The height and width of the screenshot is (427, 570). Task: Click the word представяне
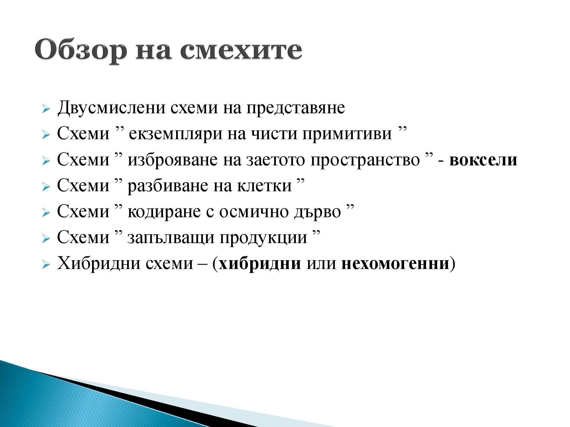click(296, 108)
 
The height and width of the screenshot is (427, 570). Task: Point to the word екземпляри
click(175, 134)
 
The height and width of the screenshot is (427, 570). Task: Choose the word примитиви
click(347, 134)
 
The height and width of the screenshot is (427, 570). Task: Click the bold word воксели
click(483, 160)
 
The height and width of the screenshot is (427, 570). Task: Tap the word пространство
click(365, 160)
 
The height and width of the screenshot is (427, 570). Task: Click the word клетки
click(264, 186)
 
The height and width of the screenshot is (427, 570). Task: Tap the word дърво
click(317, 212)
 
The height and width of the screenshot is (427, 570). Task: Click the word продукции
click(263, 238)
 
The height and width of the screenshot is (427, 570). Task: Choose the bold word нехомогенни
click(395, 264)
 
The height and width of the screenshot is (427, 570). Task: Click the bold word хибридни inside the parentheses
click(260, 264)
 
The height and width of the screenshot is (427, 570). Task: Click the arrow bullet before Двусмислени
click(46, 109)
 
